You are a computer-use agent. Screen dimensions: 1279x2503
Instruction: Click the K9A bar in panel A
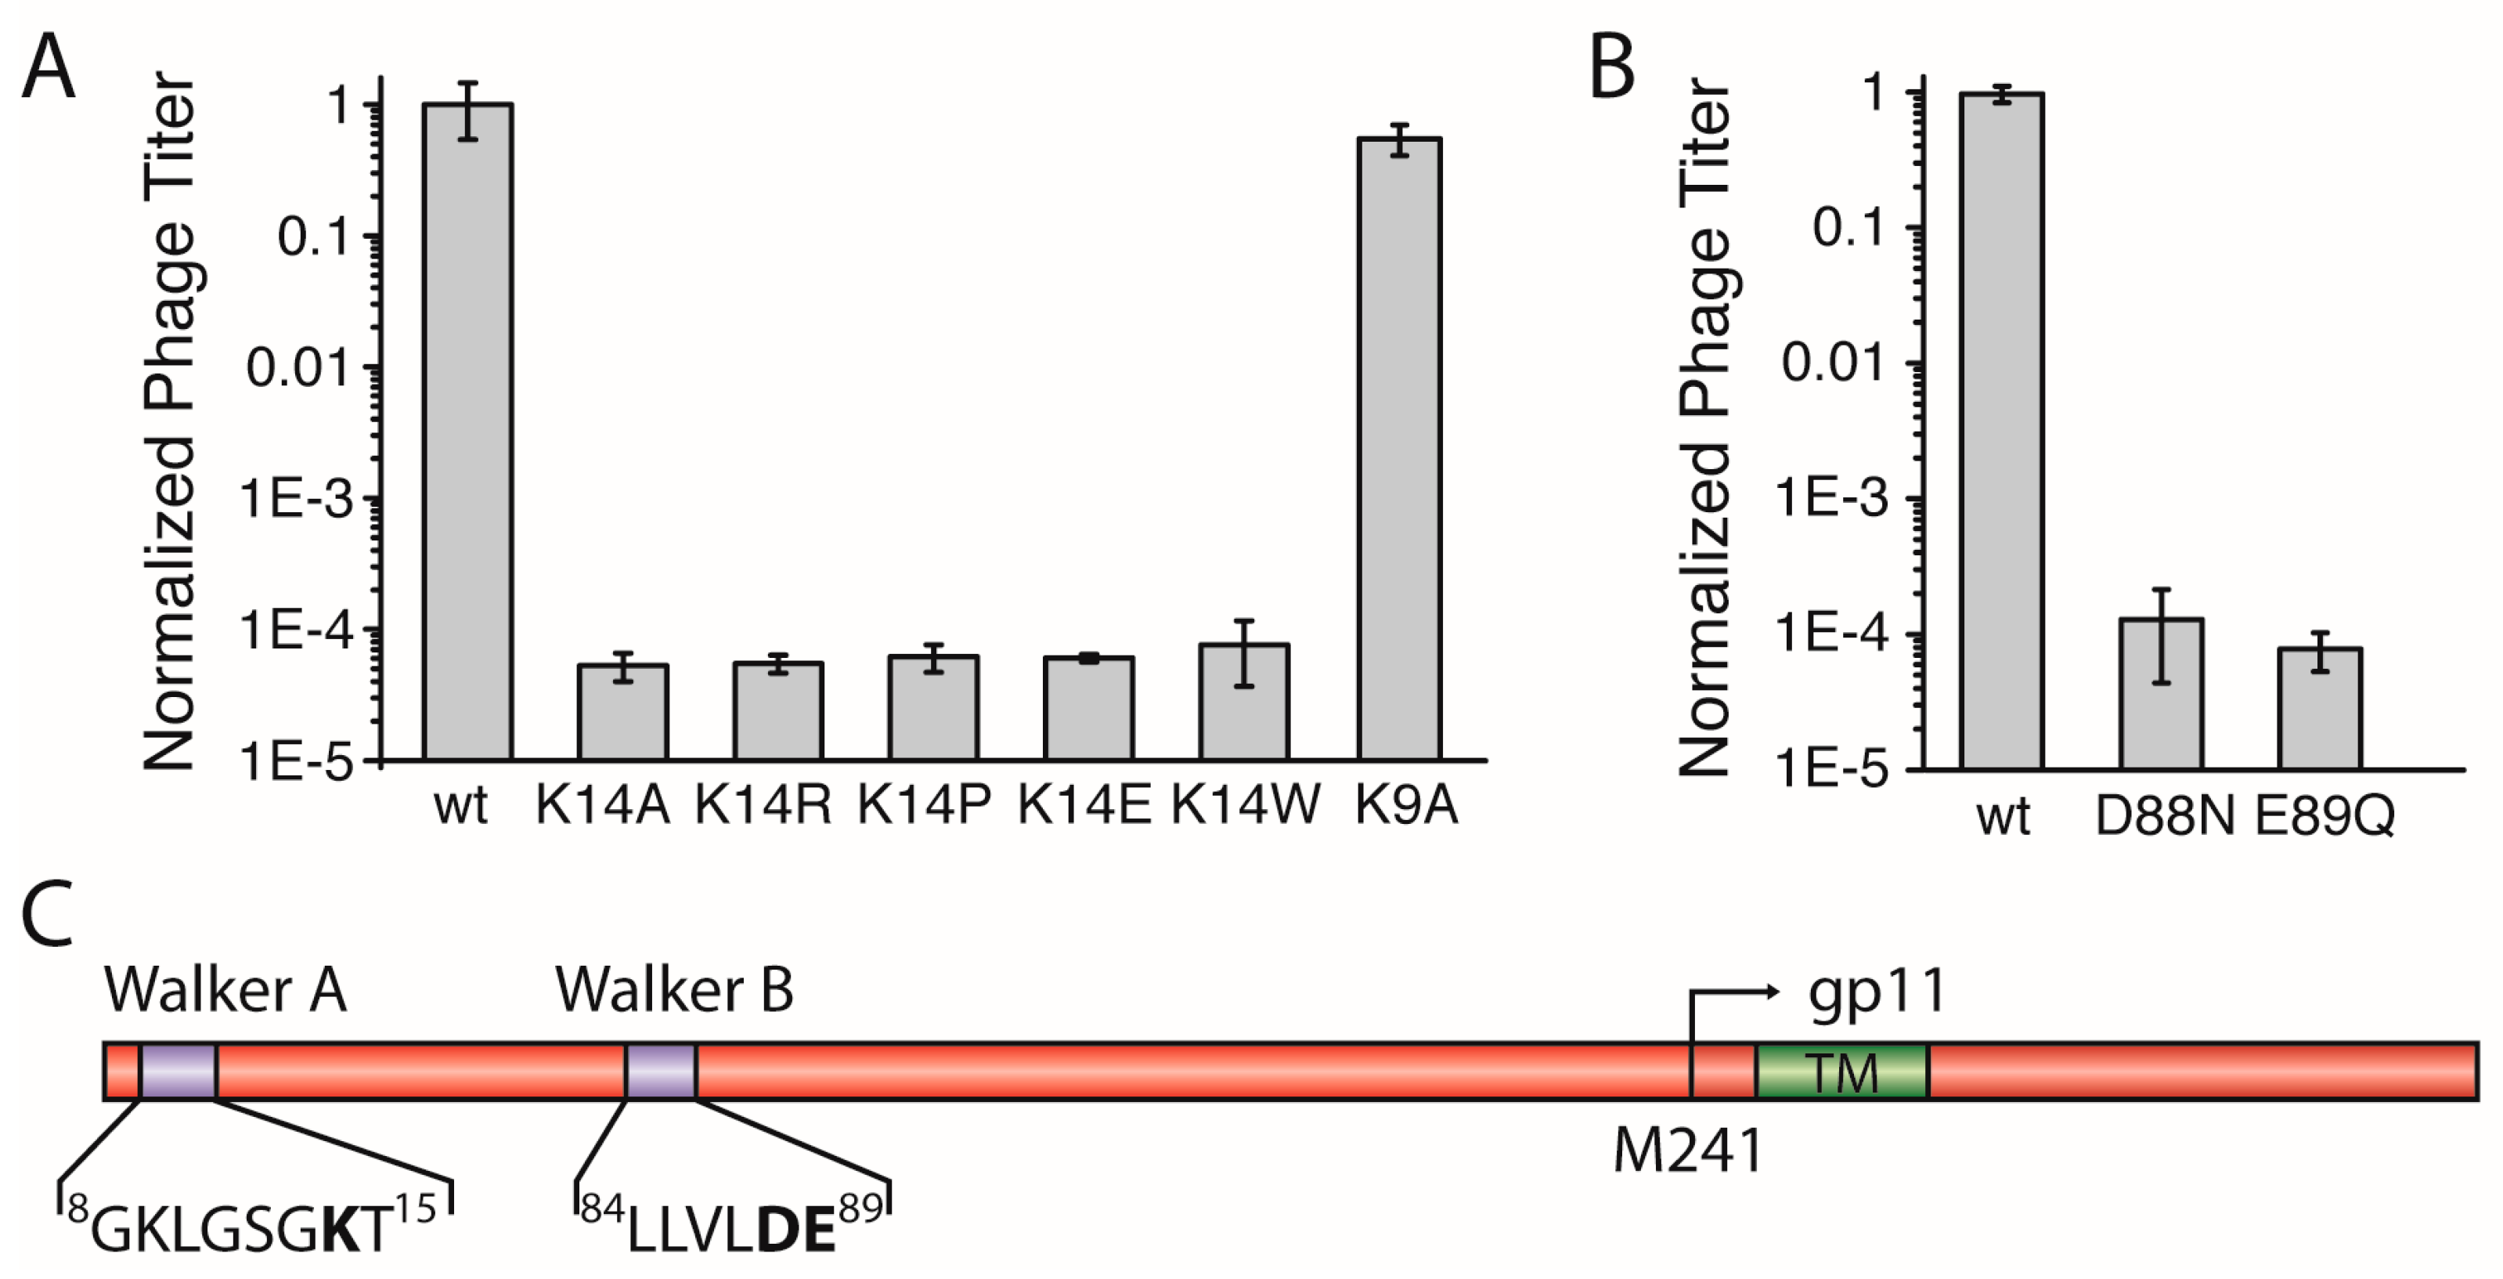[x=1399, y=447]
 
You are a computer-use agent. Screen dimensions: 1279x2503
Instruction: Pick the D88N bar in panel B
[x=2161, y=694]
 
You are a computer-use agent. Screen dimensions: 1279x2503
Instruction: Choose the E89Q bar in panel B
[x=2321, y=709]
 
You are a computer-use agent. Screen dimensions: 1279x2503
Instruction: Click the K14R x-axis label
[x=763, y=804]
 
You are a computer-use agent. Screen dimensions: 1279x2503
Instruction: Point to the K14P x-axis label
[x=924, y=804]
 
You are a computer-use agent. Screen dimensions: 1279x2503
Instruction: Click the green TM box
[x=1841, y=1071]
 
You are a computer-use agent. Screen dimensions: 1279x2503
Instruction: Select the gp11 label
[x=1877, y=992]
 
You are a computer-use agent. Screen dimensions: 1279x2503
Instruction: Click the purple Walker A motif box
[x=178, y=1071]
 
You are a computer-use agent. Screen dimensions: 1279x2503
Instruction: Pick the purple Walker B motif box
[x=661, y=1071]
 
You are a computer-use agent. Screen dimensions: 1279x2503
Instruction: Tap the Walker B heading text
[x=674, y=992]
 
